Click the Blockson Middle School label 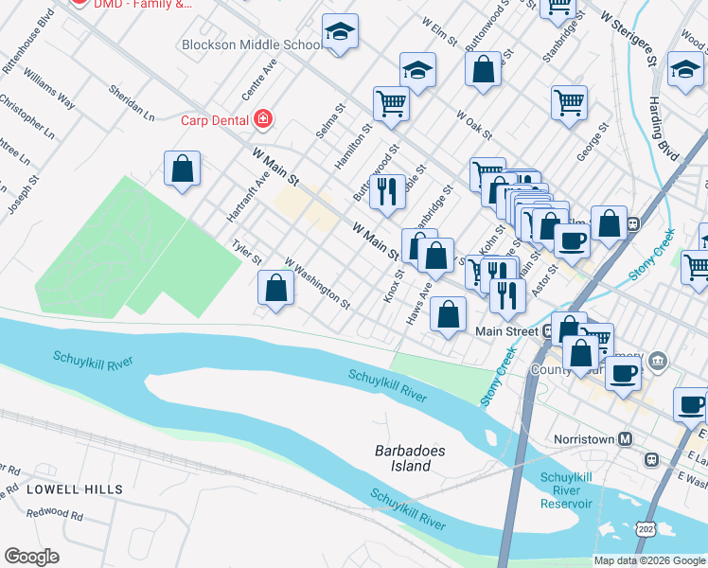coord(250,44)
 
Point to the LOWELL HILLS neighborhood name coord(75,489)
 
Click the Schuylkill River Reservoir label coord(566,490)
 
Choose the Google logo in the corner coord(31,557)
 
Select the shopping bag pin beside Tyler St coord(275,288)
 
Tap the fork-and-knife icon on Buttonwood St coord(386,191)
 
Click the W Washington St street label coord(317,285)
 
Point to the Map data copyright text coord(648,559)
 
